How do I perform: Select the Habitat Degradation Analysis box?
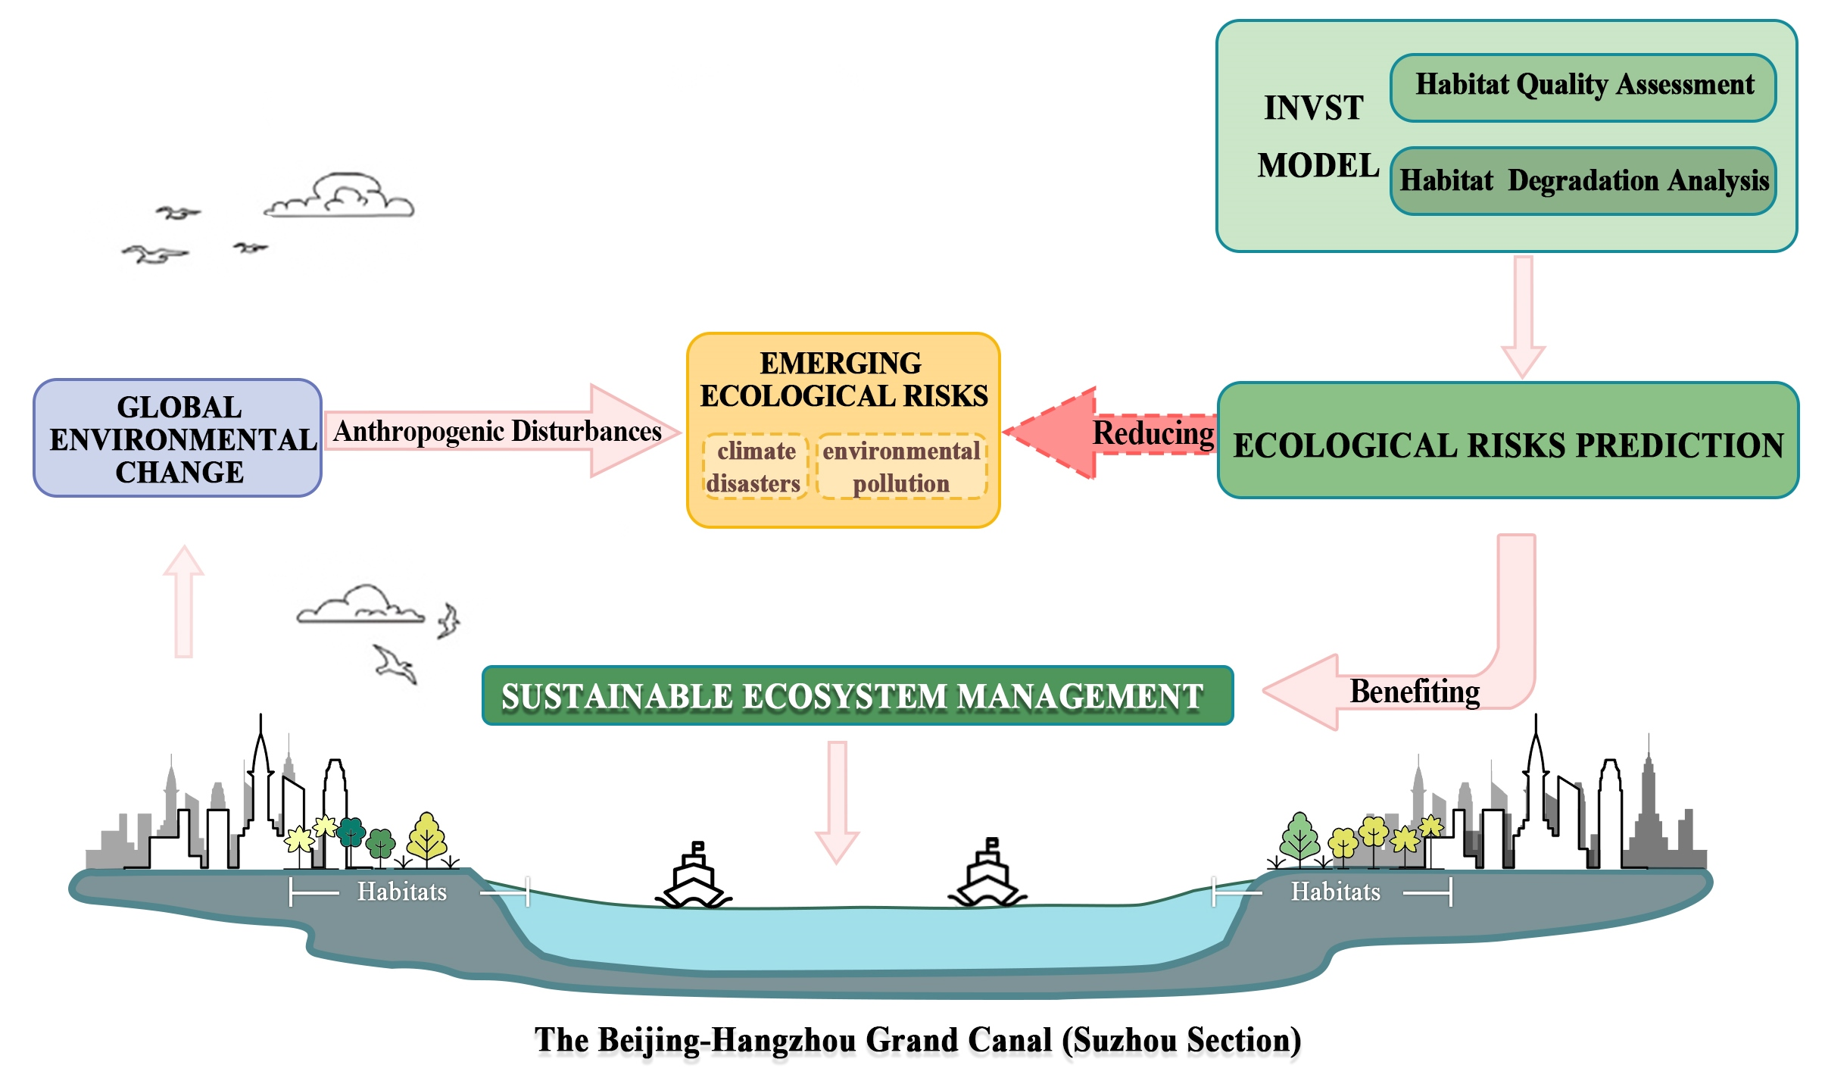coord(1583,181)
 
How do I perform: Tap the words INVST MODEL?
coord(1316,136)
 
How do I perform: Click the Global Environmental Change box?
coord(178,439)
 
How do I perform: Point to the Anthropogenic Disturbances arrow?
coord(500,431)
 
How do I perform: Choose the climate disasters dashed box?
coord(755,467)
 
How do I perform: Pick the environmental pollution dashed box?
coord(901,467)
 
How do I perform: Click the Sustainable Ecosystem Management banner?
coord(857,695)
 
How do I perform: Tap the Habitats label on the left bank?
coord(402,892)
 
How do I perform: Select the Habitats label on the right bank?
coord(1335,892)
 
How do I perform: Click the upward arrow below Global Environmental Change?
coord(183,602)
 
